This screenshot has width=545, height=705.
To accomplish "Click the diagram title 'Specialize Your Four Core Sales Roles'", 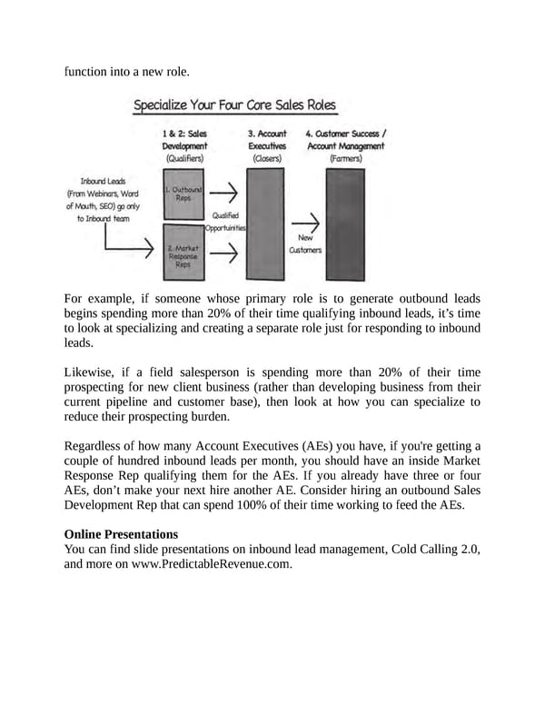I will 234,105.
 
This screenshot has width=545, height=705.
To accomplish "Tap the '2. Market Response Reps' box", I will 184,255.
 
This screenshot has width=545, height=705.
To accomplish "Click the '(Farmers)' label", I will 345,158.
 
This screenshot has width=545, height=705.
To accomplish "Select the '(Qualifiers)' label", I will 184,158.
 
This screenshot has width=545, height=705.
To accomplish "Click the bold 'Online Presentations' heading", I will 121,533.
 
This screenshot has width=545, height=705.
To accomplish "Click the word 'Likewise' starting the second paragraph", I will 91,372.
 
